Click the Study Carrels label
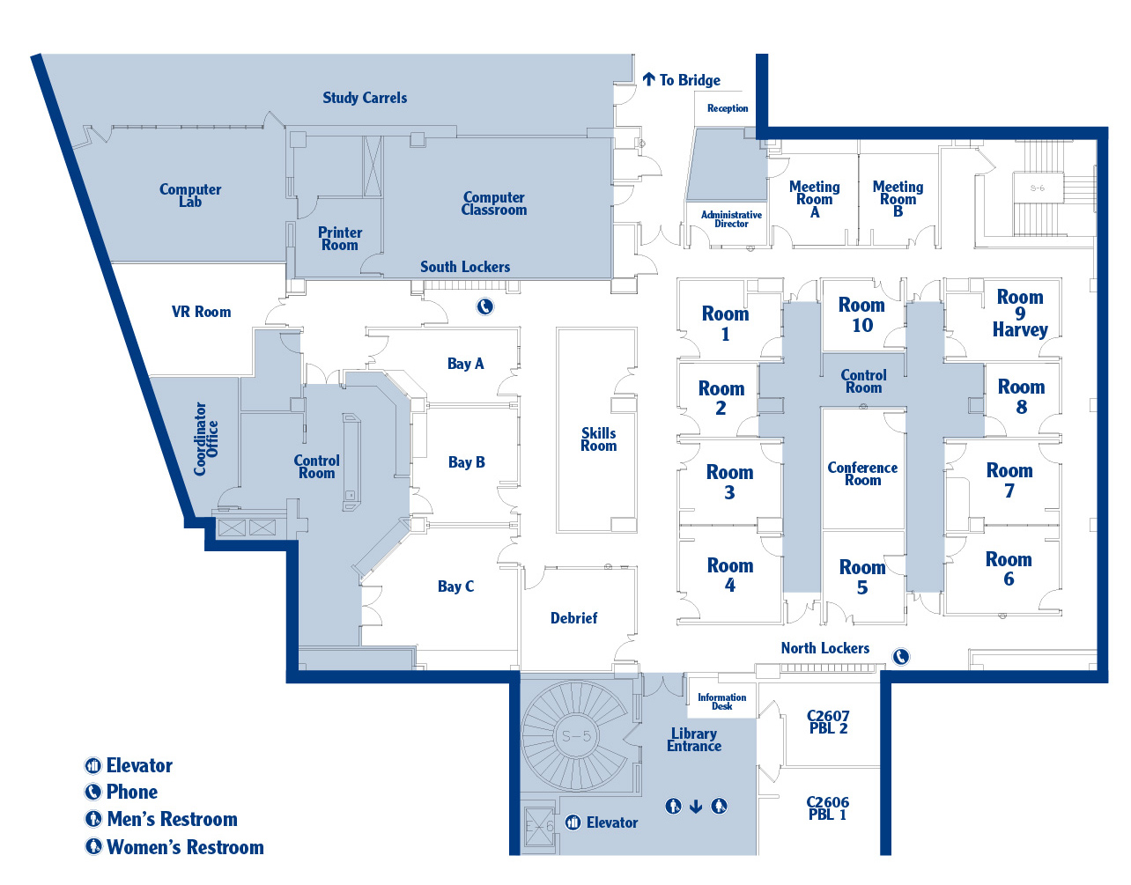[x=365, y=98]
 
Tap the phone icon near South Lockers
[x=485, y=306]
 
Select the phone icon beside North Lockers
[x=900, y=657]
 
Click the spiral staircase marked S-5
[x=575, y=735]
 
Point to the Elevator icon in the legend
[x=93, y=766]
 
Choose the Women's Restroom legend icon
[x=93, y=847]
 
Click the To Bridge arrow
[x=649, y=80]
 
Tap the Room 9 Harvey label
[x=1020, y=313]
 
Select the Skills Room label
[x=598, y=439]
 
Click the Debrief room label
[x=573, y=618]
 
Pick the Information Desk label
[x=721, y=701]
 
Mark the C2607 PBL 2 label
[x=828, y=722]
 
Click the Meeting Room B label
[x=898, y=198]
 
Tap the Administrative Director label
[x=731, y=219]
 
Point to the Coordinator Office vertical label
[x=206, y=439]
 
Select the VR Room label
[x=201, y=312]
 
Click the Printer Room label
[x=340, y=239]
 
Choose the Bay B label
[x=466, y=462]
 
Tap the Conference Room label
[x=862, y=474]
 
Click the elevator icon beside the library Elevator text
[x=573, y=822]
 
